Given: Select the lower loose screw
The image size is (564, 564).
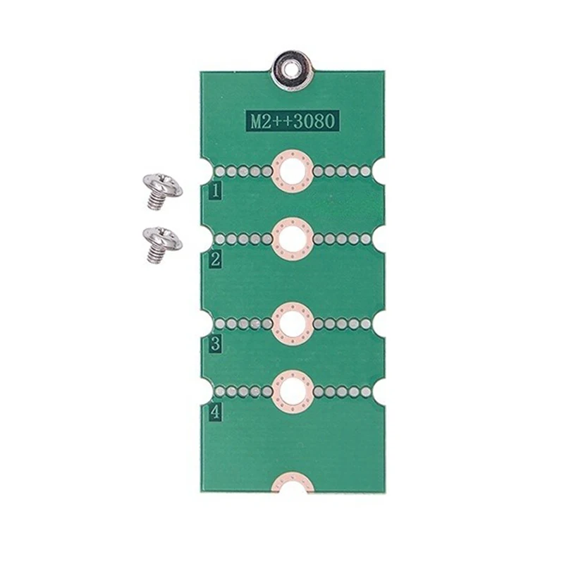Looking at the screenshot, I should point(161,244).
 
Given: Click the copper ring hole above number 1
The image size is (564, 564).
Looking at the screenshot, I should point(292,171).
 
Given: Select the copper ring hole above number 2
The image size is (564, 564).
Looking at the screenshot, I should point(292,239).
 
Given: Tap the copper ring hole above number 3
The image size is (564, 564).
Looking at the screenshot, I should point(292,324).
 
